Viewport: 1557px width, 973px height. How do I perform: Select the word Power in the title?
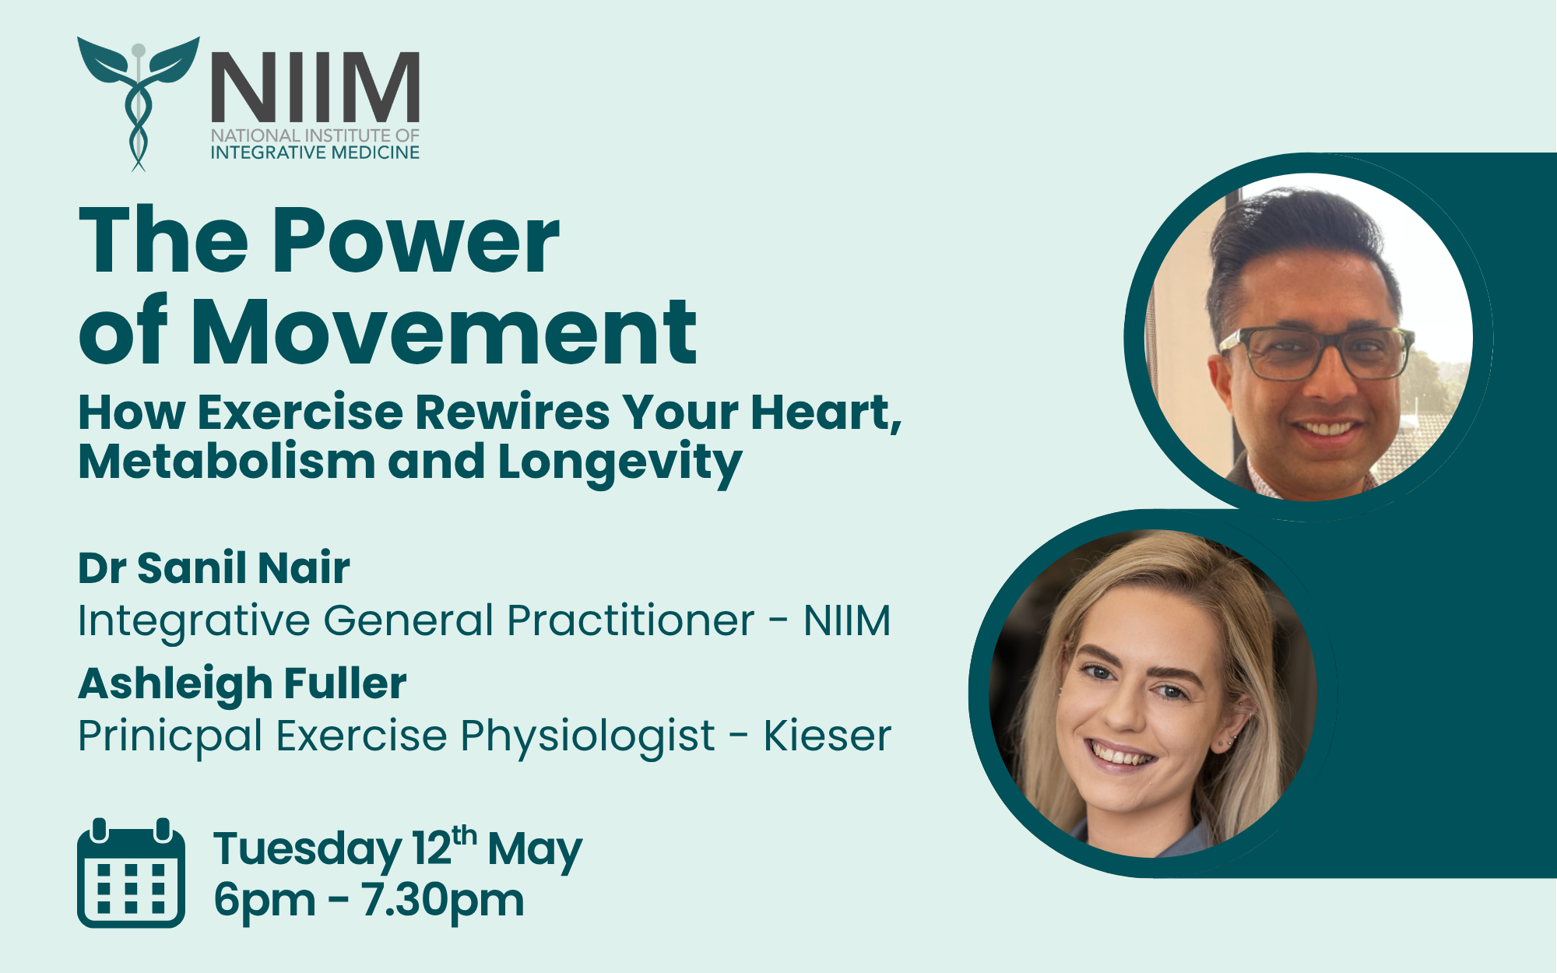click(x=416, y=241)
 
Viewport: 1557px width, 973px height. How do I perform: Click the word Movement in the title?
click(x=444, y=332)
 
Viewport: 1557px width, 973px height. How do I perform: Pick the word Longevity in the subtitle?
click(x=620, y=463)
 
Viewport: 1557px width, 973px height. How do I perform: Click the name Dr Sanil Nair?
click(x=214, y=567)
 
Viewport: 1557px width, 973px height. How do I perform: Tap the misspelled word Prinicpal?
click(x=170, y=736)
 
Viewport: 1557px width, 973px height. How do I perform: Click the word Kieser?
click(x=827, y=736)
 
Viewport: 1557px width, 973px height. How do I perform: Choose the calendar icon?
click(x=131, y=873)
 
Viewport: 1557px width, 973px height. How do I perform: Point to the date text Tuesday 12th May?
click(x=398, y=848)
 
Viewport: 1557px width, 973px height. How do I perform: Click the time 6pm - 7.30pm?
click(x=369, y=901)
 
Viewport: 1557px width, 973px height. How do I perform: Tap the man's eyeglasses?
click(x=1316, y=353)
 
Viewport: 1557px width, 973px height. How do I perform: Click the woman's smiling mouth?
click(x=1121, y=756)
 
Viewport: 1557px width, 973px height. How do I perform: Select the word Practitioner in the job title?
click(x=631, y=621)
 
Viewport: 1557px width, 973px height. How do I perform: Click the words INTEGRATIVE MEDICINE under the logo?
click(x=315, y=153)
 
